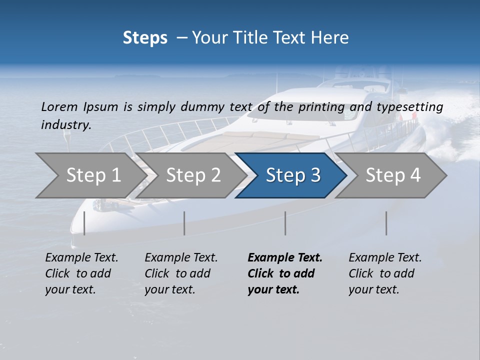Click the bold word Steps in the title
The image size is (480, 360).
pyautogui.click(x=145, y=37)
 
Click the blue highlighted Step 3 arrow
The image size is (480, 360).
pyautogui.click(x=293, y=175)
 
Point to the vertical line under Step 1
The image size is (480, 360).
pyautogui.click(x=84, y=223)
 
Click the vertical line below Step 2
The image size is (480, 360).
pyautogui.click(x=184, y=223)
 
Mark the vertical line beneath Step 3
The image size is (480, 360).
pyautogui.click(x=285, y=223)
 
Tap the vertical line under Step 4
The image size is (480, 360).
pyautogui.click(x=386, y=223)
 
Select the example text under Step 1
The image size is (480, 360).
pyautogui.click(x=81, y=273)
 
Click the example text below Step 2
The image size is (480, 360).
pyautogui.click(x=181, y=273)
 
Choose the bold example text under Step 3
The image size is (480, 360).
pyautogui.click(x=284, y=273)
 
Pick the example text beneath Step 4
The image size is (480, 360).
pyautogui.click(x=385, y=273)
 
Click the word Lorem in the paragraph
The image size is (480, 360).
pyautogui.click(x=59, y=106)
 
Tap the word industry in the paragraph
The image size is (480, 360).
pyautogui.click(x=66, y=124)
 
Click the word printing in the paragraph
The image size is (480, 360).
pyautogui.click(x=321, y=107)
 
